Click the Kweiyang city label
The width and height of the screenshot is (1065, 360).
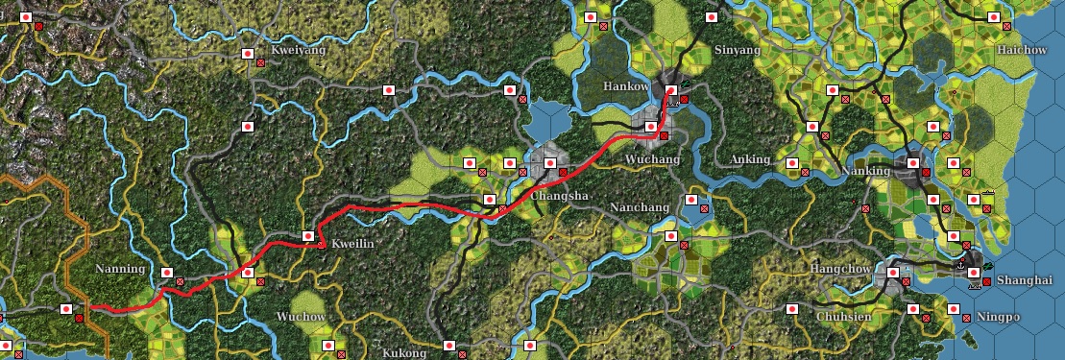[299, 50]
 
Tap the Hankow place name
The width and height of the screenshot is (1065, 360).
[626, 86]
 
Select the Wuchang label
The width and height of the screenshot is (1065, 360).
[652, 158]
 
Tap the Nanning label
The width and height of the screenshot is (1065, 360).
[120, 269]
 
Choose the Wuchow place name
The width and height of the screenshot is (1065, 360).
[301, 317]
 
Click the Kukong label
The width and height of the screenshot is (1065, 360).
[403, 353]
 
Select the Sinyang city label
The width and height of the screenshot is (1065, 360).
[738, 50]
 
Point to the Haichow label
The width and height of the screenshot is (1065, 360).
[1022, 50]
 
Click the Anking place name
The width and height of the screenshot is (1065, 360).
[750, 158]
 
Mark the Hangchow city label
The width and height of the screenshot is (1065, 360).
[841, 269]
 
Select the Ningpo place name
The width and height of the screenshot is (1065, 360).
[999, 317]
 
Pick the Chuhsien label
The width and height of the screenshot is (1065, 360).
[844, 317]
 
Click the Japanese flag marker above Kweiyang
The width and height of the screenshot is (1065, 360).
[247, 54]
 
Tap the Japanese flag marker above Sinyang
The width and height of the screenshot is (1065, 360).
[712, 17]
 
